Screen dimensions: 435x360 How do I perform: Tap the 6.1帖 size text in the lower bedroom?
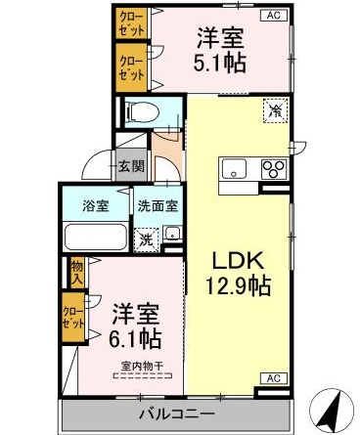[x=135, y=340]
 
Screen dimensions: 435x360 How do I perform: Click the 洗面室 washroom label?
[x=156, y=206]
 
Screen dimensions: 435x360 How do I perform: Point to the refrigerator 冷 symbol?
[x=275, y=111]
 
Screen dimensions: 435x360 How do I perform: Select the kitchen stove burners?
[x=274, y=168]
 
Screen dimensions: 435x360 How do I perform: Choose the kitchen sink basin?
[x=237, y=167]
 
